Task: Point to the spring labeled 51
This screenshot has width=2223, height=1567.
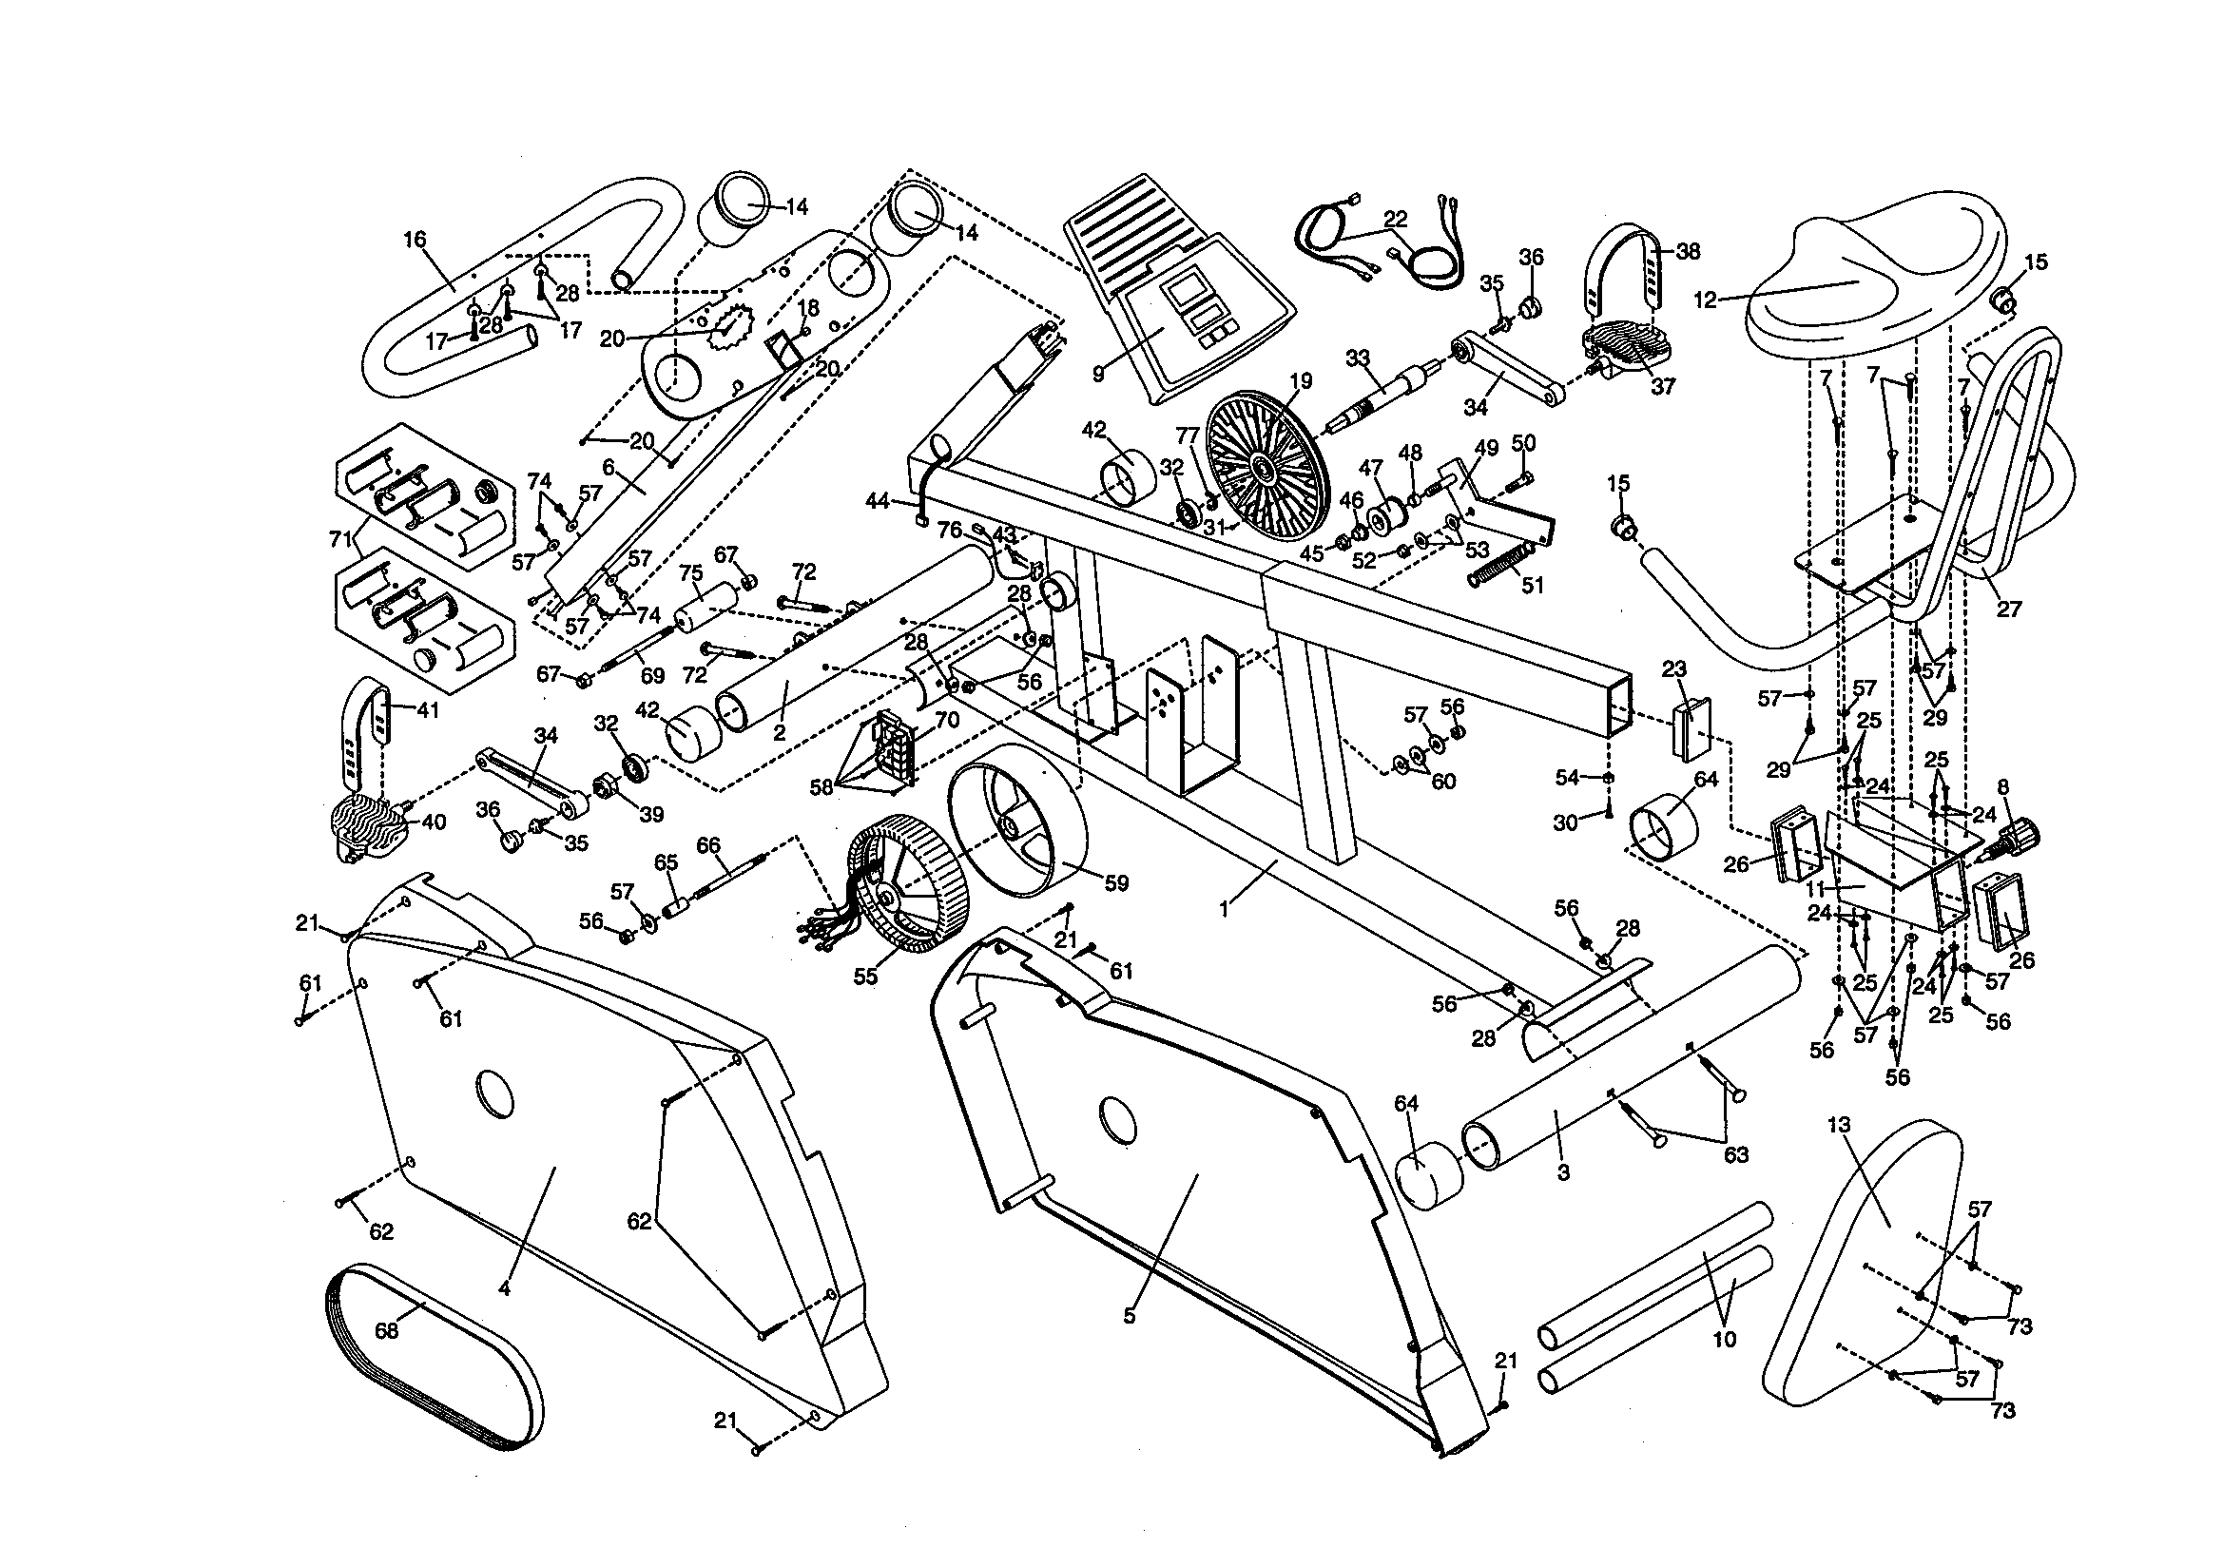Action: click(1500, 566)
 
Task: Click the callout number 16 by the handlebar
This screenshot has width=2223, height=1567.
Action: click(415, 239)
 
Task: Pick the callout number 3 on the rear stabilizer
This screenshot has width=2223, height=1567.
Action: click(1563, 1171)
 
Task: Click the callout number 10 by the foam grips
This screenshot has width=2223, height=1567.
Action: click(1725, 1340)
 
